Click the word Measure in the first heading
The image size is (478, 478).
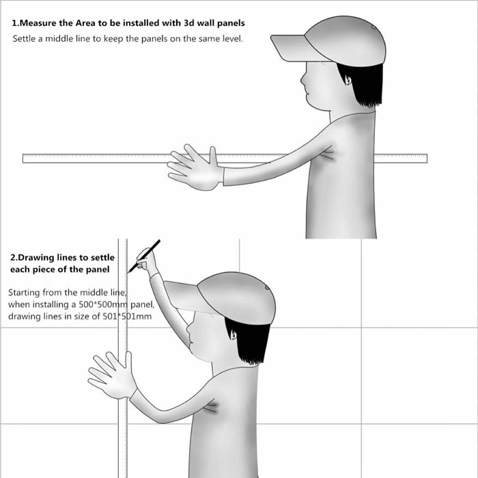pos(37,23)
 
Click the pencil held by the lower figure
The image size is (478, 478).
pos(144,256)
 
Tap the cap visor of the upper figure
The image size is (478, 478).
pos(296,48)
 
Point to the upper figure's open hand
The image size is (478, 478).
pos(196,168)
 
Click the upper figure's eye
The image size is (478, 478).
pos(348,81)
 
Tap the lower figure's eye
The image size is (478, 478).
pos(234,336)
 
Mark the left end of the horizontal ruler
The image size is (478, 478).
pos(23,159)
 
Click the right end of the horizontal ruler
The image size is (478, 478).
pos(427,159)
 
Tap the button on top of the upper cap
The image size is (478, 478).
pos(374,27)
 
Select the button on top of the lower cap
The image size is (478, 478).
pos(268,287)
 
